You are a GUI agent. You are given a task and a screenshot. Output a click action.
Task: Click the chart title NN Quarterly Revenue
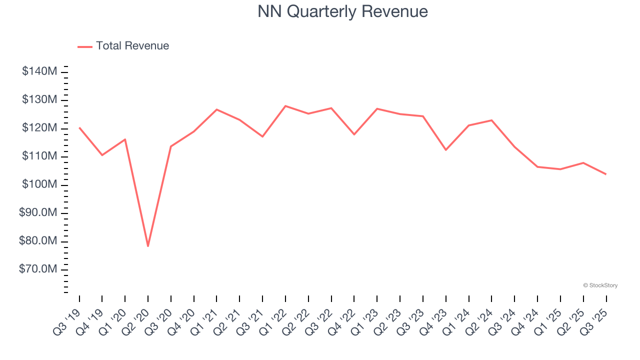coord(342,11)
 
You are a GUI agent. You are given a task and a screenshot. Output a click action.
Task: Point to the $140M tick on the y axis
coord(39,71)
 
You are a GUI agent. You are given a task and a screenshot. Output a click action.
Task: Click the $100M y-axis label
coord(39,185)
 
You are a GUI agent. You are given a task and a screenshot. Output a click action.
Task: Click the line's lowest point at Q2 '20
coord(148,246)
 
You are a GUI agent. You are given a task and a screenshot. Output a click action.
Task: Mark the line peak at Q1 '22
coord(285,106)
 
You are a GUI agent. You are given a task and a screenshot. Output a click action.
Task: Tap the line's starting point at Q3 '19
coord(79,128)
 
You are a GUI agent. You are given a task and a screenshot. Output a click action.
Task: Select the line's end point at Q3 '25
coord(606,174)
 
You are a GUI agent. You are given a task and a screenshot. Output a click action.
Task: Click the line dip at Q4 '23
coord(446,150)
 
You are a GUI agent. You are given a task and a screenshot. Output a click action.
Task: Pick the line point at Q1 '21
coord(217,109)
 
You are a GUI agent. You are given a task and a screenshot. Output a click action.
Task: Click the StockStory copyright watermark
coord(600,285)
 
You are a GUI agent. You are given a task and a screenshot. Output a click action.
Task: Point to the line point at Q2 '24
coord(491,120)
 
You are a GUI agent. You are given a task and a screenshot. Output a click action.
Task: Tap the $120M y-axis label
coord(39,128)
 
